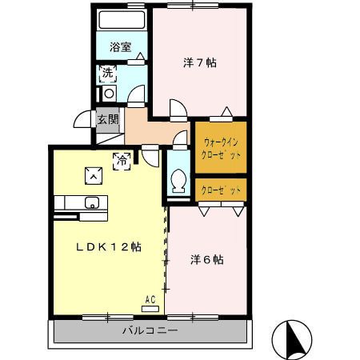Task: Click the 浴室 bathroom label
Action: [x=121, y=46]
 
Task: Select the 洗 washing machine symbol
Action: [x=106, y=74]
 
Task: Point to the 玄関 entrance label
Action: [x=107, y=120]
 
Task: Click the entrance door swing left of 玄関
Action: [x=83, y=120]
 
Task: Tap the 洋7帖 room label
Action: [x=200, y=62]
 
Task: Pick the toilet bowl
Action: [x=178, y=178]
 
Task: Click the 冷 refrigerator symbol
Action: [x=122, y=160]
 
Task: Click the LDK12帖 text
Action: [x=109, y=247]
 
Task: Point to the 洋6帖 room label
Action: [x=206, y=260]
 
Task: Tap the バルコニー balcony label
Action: [x=150, y=330]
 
